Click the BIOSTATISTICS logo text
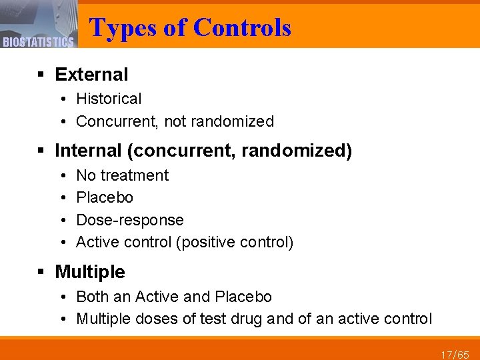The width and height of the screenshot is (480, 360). [x=37, y=43]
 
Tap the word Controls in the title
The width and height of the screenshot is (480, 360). [x=242, y=27]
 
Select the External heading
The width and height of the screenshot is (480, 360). [x=91, y=75]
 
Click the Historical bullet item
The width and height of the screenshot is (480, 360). [x=109, y=99]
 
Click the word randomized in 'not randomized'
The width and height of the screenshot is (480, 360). [x=239, y=121]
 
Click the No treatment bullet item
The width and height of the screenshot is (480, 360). [x=123, y=175]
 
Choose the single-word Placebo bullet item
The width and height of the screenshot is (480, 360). [x=105, y=197]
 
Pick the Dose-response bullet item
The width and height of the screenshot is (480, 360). [x=130, y=220]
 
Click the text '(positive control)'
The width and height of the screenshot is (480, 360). [x=234, y=242]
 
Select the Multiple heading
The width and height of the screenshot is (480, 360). [x=89, y=271]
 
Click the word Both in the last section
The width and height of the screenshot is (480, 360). [x=91, y=297]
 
